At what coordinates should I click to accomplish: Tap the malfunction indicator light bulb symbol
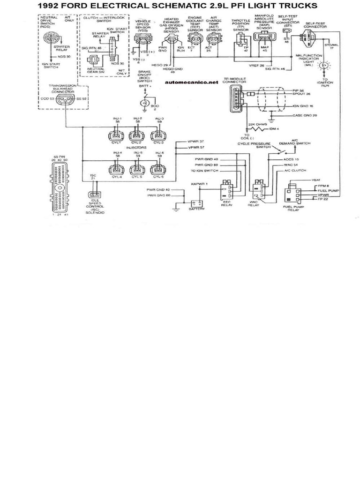(x=322, y=66)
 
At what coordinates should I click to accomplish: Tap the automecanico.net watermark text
(x=192, y=82)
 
